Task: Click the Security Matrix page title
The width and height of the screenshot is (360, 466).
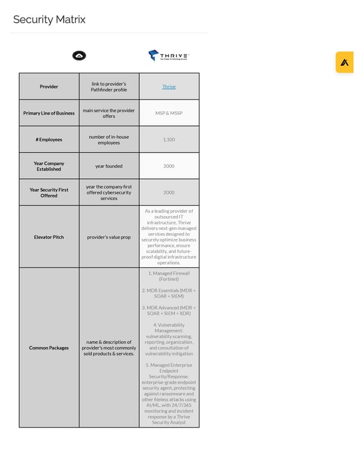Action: point(49,20)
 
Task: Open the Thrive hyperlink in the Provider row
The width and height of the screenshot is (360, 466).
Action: point(169,86)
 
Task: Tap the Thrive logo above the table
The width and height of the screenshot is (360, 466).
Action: point(169,55)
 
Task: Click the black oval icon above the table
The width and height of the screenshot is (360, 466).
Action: point(79,56)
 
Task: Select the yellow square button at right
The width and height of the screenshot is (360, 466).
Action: point(344,62)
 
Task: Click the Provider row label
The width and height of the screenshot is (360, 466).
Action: point(49,86)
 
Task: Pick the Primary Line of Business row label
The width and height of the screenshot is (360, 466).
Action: point(49,113)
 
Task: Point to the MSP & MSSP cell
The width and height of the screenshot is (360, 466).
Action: point(169,113)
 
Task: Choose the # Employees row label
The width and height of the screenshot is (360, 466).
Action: point(49,140)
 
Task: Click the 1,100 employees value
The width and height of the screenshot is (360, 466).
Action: point(169,140)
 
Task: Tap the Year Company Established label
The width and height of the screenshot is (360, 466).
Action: point(49,166)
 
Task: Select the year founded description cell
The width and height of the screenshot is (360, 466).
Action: point(109,166)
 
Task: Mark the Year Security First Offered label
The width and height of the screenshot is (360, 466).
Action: point(49,193)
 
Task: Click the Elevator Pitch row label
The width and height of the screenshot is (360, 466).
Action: point(49,237)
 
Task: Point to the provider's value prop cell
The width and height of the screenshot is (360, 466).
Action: point(109,237)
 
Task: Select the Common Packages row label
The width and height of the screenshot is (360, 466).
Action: point(49,348)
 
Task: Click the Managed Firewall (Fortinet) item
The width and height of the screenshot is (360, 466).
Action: point(169,276)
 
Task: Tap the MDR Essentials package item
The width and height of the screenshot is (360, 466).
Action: point(169,293)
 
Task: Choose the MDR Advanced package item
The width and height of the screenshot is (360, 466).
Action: point(169,310)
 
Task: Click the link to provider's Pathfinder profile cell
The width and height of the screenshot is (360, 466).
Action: point(109,86)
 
